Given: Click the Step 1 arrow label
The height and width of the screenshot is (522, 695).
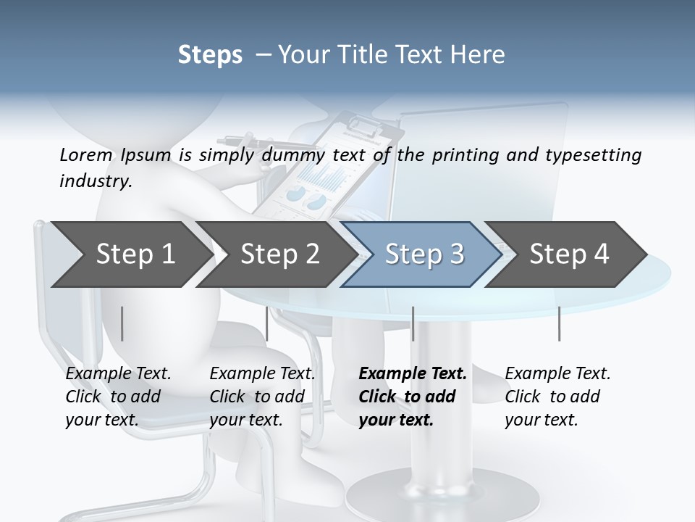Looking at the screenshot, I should coord(135,254).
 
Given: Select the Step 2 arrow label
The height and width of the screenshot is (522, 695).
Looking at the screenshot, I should coord(280,254).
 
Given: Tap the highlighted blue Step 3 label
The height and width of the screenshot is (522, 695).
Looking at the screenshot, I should coord(424,254).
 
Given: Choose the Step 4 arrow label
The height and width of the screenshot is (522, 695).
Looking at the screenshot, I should coord(569,254).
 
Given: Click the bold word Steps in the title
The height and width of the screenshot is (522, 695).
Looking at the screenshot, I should coord(210,55).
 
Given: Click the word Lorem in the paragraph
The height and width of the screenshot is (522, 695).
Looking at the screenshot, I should coord(86,154).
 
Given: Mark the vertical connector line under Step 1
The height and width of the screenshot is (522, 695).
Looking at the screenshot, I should coord(122,323).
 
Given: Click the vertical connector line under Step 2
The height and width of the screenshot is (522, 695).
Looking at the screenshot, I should coord(267,323).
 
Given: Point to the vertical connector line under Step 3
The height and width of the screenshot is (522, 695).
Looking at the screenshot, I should coord(413,323).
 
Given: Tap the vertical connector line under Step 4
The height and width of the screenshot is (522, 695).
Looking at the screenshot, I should coord(559,323).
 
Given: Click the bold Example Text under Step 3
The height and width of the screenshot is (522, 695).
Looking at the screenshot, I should coord(413,374).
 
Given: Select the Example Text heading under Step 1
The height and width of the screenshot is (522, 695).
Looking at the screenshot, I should coord(118,374).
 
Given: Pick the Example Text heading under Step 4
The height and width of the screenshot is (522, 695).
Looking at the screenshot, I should coord(557,374).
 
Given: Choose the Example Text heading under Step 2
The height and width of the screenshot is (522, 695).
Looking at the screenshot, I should coord(262,374).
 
